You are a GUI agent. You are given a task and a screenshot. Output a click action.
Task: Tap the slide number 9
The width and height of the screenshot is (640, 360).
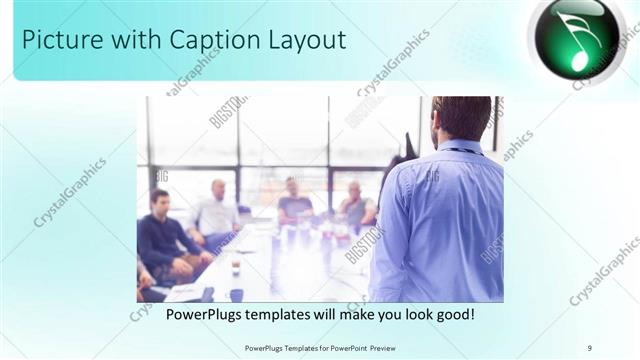pos(589,347)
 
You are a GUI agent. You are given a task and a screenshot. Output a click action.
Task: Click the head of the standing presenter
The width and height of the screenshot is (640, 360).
pos(461,118)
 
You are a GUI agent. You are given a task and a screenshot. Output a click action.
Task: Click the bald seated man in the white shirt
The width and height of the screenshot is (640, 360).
pos(216,212)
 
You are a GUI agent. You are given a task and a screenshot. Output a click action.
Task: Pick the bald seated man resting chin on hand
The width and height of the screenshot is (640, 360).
pos(355,206)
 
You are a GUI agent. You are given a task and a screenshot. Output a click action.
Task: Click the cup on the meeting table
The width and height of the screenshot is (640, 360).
pos(235,267)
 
